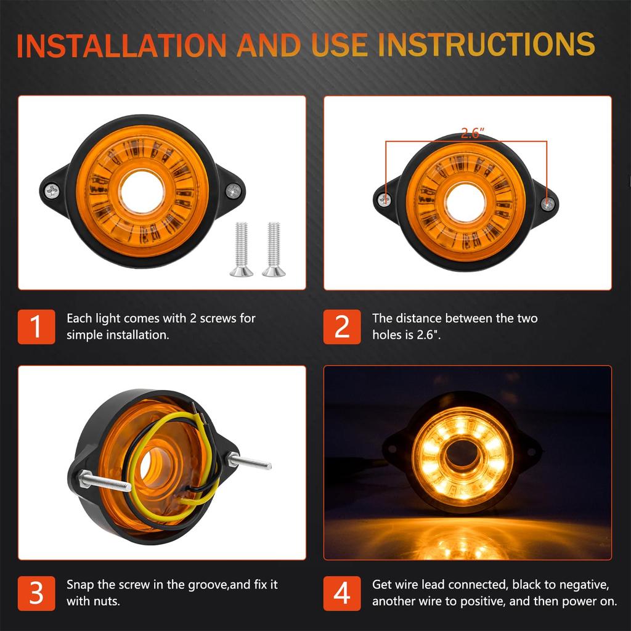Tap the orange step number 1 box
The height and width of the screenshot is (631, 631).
point(36,327)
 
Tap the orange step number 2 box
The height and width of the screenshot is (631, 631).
point(342,327)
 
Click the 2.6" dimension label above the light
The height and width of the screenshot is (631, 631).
point(473,133)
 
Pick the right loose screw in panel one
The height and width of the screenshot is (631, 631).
point(274,249)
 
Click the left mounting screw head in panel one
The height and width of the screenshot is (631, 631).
point(52,192)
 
